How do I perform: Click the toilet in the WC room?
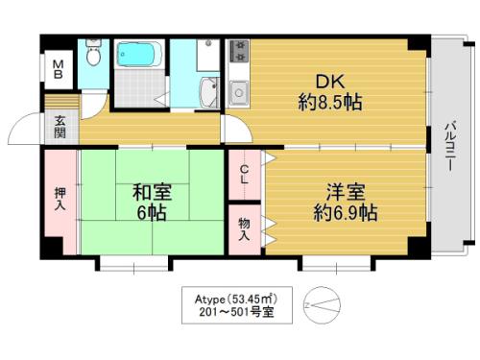pos(93,53)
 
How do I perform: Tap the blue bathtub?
pos(139,55)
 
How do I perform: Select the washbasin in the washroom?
pos(209,92)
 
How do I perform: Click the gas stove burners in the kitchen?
pos(239,51)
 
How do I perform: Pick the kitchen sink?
pos(239,92)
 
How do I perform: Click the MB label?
pos(58,70)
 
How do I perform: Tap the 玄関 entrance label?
pos(60,127)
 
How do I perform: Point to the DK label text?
pos(330,82)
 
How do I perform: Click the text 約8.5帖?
pos(330,103)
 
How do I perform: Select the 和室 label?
pos(152,192)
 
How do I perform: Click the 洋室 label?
pos(346,192)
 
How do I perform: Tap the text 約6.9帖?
pos(346,213)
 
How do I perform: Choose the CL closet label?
pos(244,175)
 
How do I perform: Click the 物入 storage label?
pos(244,228)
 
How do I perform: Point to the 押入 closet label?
pos(60,199)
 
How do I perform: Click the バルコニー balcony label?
pos(450,146)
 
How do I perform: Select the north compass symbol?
pos(322,305)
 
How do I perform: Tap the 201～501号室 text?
pos(237,312)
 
